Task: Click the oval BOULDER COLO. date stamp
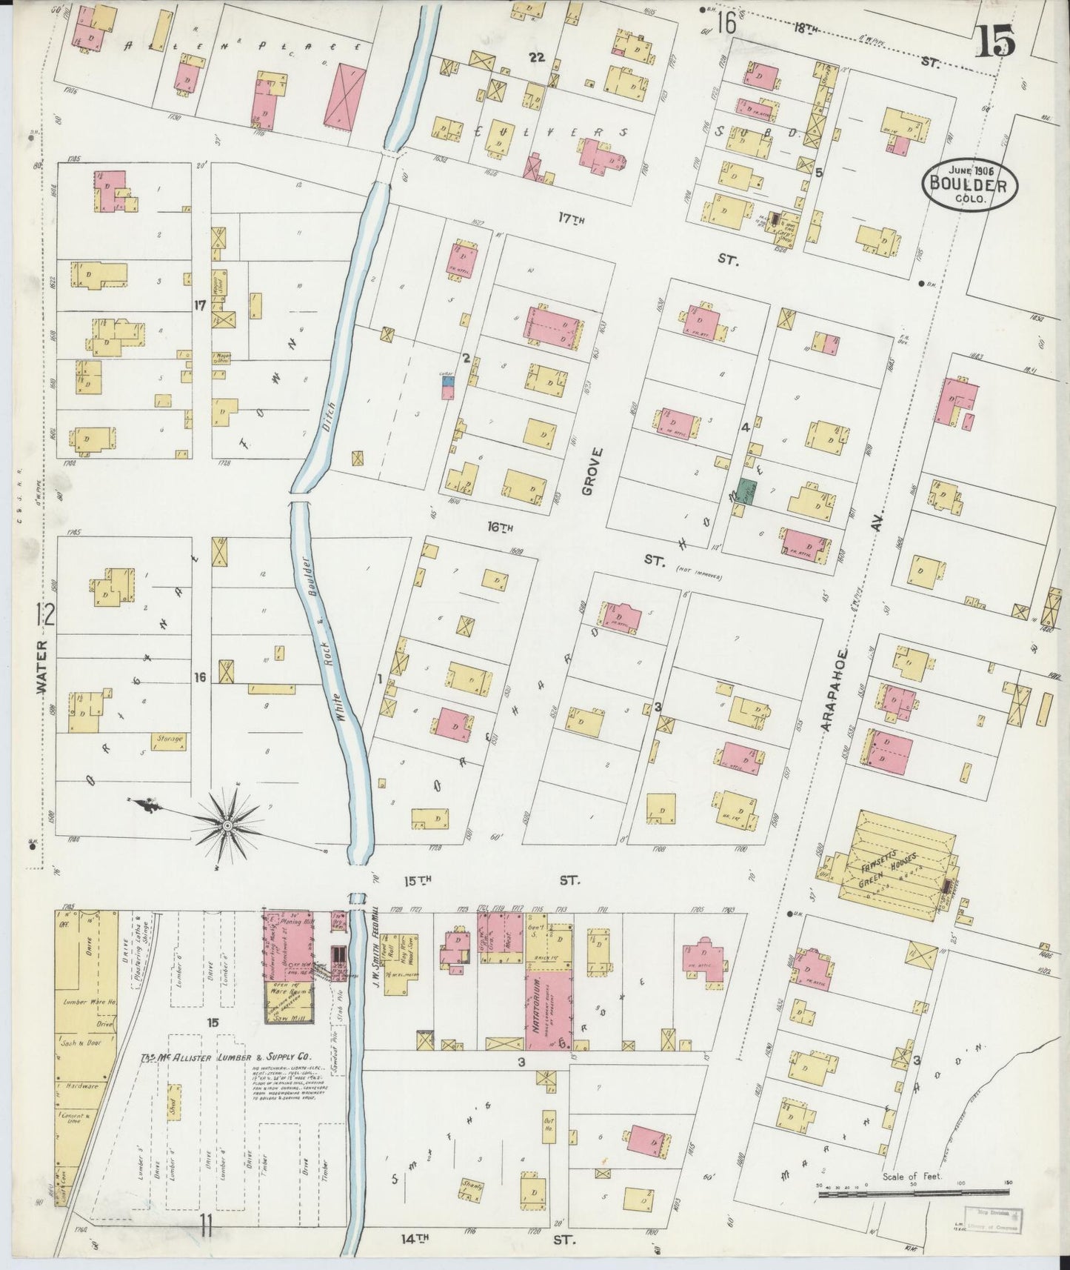pos(969,183)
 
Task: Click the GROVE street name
pos(589,471)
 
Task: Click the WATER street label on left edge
pos(42,667)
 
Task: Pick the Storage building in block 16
pos(170,739)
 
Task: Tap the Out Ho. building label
pos(549,1137)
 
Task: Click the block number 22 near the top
pos(537,57)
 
